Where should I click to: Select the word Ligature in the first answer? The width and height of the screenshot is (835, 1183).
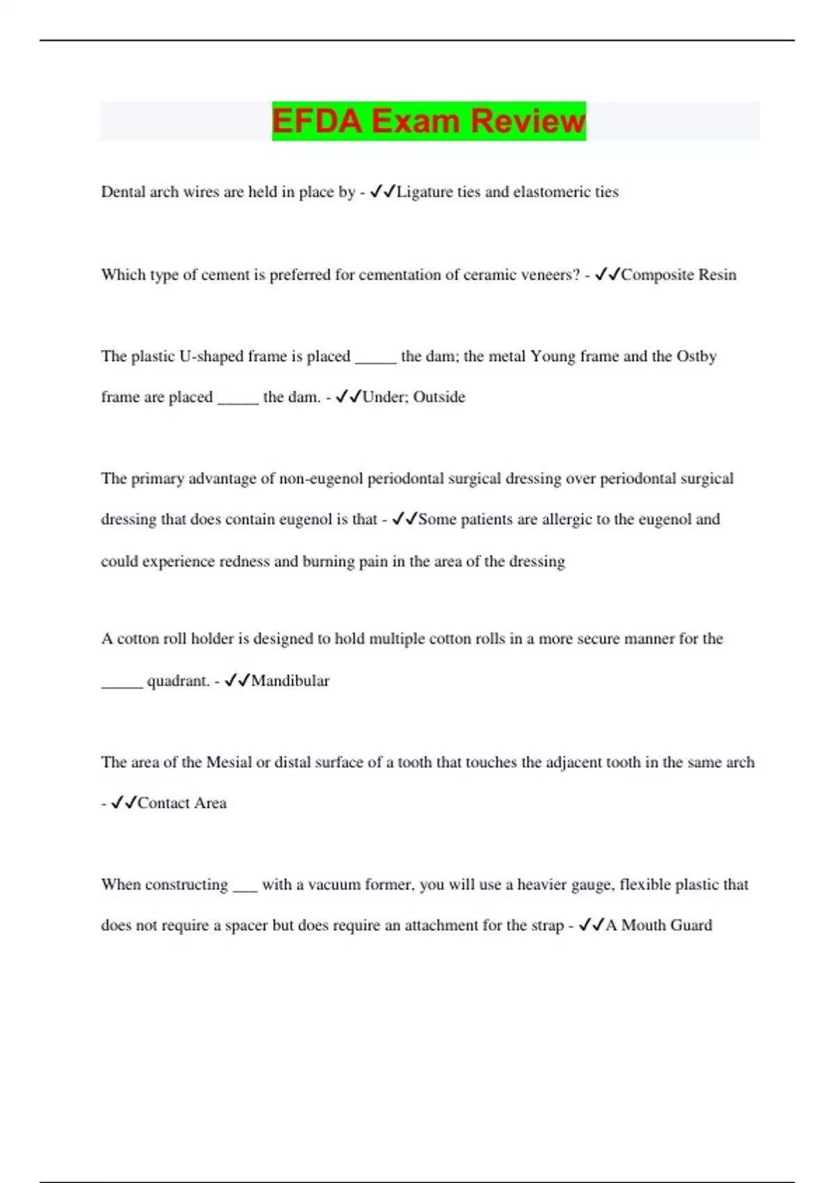[x=424, y=192]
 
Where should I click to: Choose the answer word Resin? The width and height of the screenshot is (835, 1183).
[x=717, y=275]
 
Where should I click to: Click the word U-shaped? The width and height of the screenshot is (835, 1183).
[x=212, y=356]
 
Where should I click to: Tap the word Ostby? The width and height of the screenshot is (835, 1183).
[x=696, y=356]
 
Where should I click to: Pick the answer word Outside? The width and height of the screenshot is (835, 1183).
[x=439, y=397]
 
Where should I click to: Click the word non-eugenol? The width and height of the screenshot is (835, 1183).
[x=321, y=479]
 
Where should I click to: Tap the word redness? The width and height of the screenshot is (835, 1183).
[x=244, y=562]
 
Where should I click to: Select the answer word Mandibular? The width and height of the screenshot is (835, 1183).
[x=290, y=681]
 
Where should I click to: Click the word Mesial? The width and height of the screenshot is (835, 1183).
[x=229, y=763]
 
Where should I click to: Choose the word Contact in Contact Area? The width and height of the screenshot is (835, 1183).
[x=164, y=803]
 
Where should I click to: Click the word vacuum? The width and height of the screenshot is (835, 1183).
[x=333, y=884]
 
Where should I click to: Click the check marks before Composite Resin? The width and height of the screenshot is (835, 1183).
[x=607, y=274]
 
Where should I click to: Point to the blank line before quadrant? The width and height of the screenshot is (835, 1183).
[x=122, y=685]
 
